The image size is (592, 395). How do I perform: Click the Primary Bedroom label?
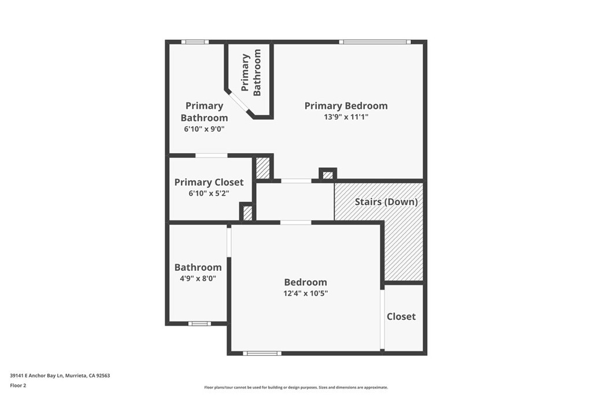coord(346,106)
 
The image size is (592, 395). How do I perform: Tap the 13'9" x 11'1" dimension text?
coord(346,117)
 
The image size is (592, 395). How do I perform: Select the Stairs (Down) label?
coord(386,202)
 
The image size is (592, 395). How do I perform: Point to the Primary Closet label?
coord(209,182)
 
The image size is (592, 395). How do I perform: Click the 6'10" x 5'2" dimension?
coord(209,193)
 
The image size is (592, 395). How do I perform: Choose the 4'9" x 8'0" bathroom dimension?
coord(198,279)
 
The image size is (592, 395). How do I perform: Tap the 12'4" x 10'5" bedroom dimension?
coord(305,293)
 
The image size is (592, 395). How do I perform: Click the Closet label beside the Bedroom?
coord(401,316)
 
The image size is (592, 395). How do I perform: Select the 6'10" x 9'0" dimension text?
coord(204,129)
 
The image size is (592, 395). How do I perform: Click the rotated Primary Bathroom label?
coord(251,72)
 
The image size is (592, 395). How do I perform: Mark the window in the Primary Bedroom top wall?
coord(375,42)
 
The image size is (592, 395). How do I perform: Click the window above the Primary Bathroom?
coord(195,42)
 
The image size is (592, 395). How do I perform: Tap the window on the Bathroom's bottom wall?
coord(199,324)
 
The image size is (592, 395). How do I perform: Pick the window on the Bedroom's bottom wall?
coord(262,353)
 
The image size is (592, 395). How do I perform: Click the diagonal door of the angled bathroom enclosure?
coord(239,102)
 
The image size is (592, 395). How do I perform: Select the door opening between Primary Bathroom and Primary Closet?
coord(212,155)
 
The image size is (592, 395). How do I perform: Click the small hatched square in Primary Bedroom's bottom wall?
coord(328,175)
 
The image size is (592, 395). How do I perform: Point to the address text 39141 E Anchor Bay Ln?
coord(37,376)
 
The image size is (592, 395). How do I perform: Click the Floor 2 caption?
coord(18,386)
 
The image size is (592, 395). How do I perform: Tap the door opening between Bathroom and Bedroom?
coord(229,242)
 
